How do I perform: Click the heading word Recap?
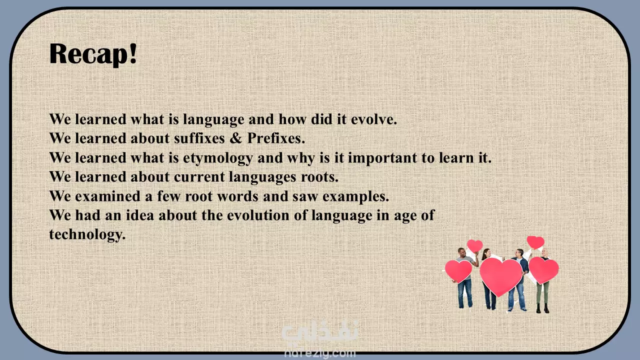[x=93, y=54]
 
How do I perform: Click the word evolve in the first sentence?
[x=374, y=119]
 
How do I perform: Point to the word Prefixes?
[x=276, y=138]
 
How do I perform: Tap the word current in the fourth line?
[x=199, y=177]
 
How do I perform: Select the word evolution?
[x=258, y=215]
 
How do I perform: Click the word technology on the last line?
[x=87, y=235]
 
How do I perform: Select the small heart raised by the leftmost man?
[x=475, y=245]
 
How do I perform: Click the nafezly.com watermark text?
[x=320, y=353]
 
